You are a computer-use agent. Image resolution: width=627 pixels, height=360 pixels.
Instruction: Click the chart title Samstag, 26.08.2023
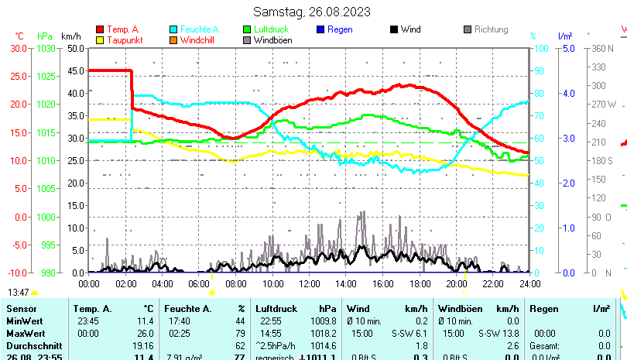(x=312, y=12)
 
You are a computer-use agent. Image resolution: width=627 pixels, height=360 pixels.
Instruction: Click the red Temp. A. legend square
(x=101, y=29)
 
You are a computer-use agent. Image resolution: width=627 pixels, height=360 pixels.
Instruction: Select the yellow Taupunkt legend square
(x=101, y=40)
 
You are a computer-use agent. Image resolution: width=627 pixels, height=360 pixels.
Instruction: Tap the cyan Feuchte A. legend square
(x=173, y=29)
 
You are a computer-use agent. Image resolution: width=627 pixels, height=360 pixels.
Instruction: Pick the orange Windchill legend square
(x=173, y=40)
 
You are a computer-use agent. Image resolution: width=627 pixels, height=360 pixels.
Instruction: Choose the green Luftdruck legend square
(x=247, y=29)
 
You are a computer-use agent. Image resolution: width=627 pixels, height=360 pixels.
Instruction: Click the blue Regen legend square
(x=320, y=29)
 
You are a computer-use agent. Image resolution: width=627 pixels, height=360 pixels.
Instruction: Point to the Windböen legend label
(x=273, y=40)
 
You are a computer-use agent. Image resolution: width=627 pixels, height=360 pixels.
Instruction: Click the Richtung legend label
(x=491, y=29)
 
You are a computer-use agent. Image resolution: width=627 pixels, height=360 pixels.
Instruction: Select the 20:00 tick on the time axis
(x=456, y=283)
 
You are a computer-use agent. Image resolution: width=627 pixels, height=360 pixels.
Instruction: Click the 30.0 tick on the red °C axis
(x=18, y=48)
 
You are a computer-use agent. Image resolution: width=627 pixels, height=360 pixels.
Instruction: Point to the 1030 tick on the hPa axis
(x=46, y=48)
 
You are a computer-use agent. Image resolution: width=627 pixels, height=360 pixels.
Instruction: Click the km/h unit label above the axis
(x=70, y=36)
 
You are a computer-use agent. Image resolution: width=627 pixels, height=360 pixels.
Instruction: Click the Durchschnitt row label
(x=30, y=345)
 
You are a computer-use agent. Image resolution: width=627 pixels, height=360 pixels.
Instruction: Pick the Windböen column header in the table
(x=457, y=308)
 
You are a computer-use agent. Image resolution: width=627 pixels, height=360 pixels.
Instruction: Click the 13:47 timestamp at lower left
(x=19, y=292)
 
